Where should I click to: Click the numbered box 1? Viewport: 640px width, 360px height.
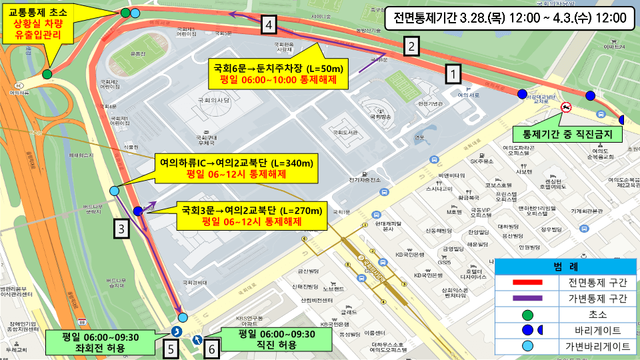tap(453, 73)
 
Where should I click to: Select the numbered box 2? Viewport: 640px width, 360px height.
tap(413, 47)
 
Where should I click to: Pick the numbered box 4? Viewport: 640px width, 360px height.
tap(269, 25)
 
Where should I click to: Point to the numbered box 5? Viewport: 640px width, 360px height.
tap(171, 347)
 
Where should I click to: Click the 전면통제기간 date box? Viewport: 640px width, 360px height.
tap(509, 18)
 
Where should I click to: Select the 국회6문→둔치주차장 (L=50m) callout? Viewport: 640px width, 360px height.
tap(279, 73)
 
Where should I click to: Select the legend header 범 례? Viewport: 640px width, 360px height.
tap(566, 267)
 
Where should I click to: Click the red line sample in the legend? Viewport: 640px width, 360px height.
tap(527, 283)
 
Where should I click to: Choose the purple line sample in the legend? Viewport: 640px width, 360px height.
tap(527, 299)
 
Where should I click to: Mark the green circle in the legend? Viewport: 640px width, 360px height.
tap(527, 314)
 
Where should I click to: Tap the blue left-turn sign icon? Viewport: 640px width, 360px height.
tap(177, 331)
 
